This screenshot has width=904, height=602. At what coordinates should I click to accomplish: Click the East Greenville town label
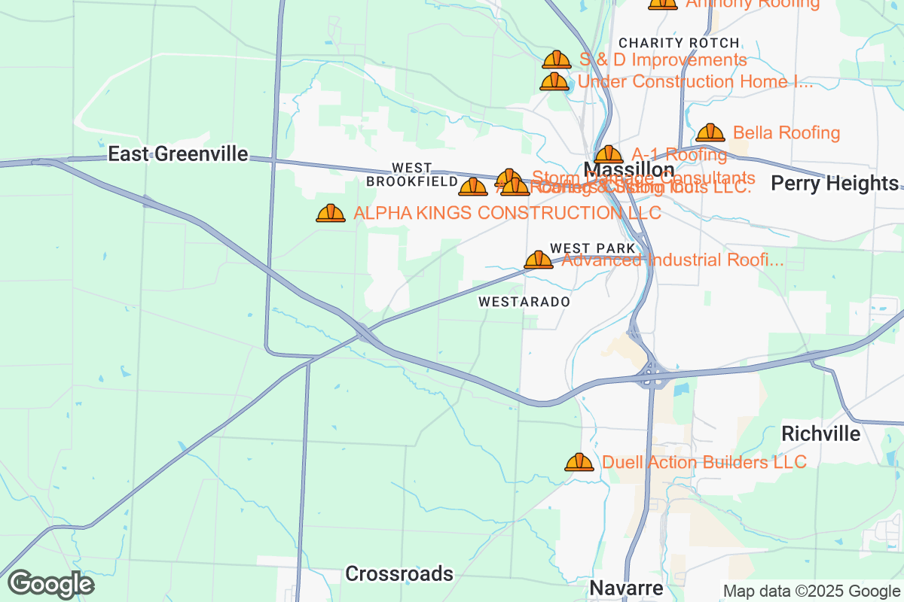[178, 154]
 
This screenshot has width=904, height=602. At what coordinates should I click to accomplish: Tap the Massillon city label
[629, 169]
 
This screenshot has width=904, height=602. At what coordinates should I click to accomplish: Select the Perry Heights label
[835, 184]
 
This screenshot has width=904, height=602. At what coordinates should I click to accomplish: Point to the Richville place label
[820, 434]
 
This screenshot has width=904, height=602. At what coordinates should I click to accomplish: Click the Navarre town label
[626, 588]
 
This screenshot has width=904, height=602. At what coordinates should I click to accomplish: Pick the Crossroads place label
[399, 574]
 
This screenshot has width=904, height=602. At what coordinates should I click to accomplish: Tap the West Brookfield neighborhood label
[412, 175]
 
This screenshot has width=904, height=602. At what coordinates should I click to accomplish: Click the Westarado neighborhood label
[524, 302]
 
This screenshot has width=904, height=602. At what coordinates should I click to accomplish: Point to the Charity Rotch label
[679, 43]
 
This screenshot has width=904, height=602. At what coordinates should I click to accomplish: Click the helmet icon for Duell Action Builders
[579, 462]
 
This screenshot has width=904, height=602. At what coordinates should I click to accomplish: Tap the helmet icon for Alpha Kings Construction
[331, 214]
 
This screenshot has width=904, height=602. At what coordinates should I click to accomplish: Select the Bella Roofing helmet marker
[710, 133]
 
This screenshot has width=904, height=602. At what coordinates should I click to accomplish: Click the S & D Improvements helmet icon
[557, 59]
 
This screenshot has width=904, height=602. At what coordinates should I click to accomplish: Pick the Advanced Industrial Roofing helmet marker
[539, 260]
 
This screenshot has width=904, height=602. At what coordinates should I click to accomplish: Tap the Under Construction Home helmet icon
[554, 81]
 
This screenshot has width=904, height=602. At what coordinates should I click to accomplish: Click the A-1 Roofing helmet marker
[609, 154]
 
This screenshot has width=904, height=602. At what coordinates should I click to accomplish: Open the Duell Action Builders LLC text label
[704, 462]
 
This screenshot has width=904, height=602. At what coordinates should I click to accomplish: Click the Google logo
[50, 584]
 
